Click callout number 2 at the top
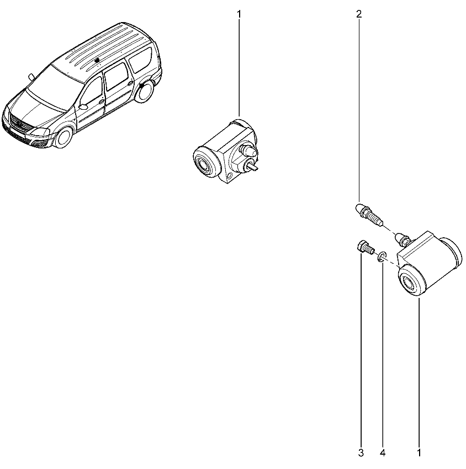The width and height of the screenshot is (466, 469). coord(359,14)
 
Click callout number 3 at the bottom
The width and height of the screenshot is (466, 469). coord(361,453)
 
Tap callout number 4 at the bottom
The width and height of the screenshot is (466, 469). coord(383,453)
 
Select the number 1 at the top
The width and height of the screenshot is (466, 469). coord(239,14)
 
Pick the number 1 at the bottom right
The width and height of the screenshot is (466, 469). coord(419,453)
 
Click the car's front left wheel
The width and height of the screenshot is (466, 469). coord(63,137)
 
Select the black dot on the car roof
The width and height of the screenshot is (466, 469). coord(97,61)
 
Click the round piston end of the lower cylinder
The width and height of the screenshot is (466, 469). coord(411,281)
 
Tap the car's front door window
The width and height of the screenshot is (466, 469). coord(91,91)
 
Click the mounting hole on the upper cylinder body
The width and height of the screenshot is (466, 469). coord(229,175)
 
